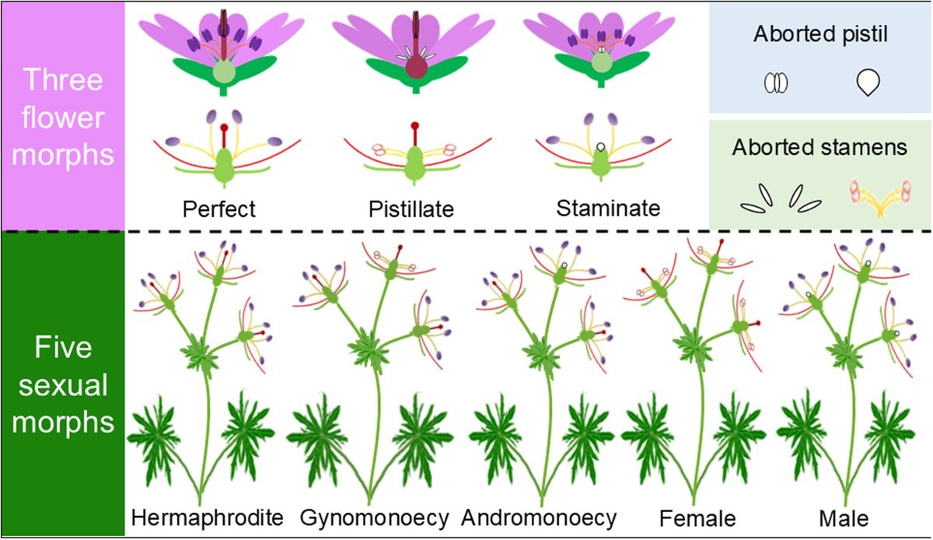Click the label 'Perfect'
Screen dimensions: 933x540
tap(219, 209)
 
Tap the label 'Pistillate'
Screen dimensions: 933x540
tap(411, 209)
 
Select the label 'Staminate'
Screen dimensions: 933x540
tap(608, 208)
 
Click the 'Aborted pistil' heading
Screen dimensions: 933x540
tap(820, 34)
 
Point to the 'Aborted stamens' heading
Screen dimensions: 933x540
tap(819, 147)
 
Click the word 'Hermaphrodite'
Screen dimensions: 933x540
tap(208, 518)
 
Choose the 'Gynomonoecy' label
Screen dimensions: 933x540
tap(375, 518)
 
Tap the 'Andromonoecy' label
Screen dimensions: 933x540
tap(539, 518)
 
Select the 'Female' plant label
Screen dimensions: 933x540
tap(697, 519)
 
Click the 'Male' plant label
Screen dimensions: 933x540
tap(844, 519)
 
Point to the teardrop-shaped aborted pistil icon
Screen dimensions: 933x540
tap(868, 82)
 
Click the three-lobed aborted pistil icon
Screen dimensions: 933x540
tap(776, 82)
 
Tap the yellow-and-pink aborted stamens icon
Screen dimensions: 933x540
tap(879, 199)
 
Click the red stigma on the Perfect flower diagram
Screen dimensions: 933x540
tap(224, 127)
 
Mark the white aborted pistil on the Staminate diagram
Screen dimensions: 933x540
tap(600, 147)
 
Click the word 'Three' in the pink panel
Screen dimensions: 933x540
tap(63, 79)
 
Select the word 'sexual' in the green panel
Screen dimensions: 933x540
tap(63, 384)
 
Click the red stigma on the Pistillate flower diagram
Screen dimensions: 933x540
tap(415, 125)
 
